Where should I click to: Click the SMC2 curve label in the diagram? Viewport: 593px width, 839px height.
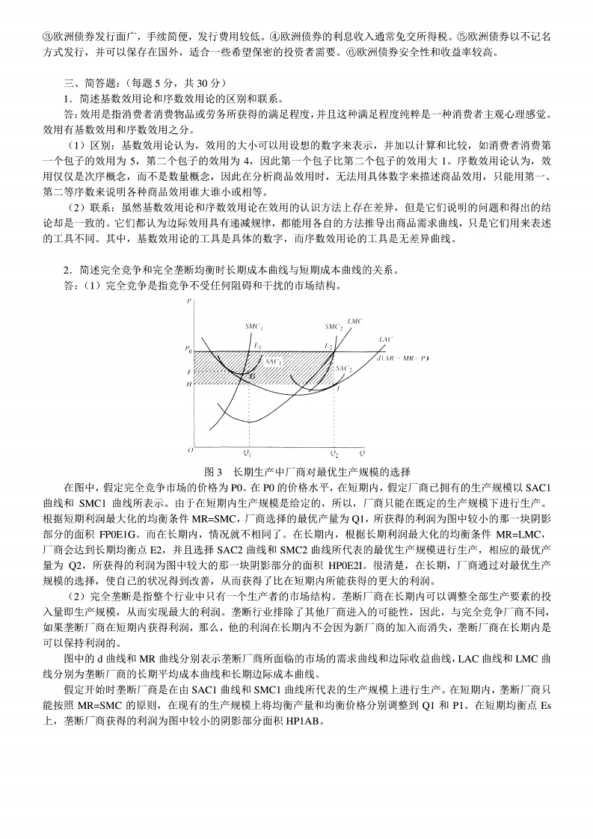tap(334, 327)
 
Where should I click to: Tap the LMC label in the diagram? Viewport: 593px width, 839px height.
tap(355, 321)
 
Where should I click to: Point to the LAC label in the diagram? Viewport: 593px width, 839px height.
tap(385, 339)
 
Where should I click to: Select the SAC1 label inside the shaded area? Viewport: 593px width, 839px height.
tap(274, 361)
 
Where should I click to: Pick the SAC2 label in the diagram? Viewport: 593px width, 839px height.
tap(344, 369)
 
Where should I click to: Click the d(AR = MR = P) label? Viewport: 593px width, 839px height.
tap(404, 358)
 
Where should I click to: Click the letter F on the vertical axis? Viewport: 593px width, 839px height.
tap(188, 371)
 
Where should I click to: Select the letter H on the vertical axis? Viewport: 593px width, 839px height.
tap(188, 384)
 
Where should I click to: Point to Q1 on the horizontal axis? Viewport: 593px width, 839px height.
tap(248, 454)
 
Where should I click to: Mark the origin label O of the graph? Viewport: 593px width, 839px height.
tap(190, 451)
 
